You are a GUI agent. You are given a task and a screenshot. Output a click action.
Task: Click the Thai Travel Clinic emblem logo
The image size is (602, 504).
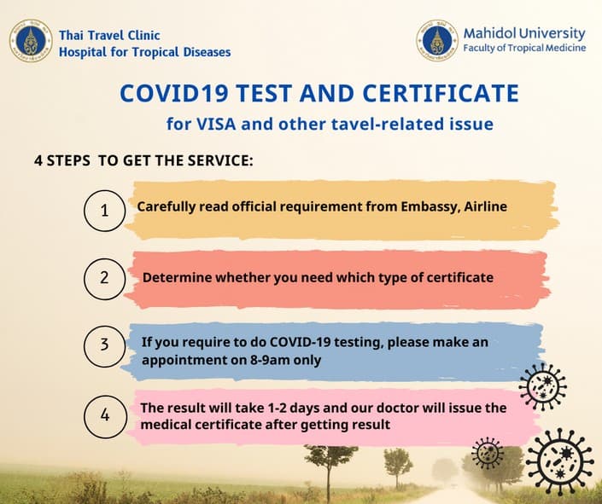click(31, 41)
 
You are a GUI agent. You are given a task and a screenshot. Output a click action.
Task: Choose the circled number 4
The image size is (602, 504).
click(105, 415)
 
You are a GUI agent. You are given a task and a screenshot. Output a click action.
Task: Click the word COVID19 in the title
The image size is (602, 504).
click(168, 92)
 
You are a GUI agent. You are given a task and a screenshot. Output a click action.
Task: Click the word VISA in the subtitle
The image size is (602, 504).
click(218, 124)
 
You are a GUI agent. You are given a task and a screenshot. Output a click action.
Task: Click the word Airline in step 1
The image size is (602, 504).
click(484, 206)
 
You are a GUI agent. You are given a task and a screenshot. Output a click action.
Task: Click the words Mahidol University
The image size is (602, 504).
click(524, 33)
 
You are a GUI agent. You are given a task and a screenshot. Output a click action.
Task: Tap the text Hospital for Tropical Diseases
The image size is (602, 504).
click(144, 52)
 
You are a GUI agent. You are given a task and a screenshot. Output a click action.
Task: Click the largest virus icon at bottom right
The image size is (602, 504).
click(559, 461)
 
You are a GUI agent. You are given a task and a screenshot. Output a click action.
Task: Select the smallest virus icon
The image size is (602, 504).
click(488, 453)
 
